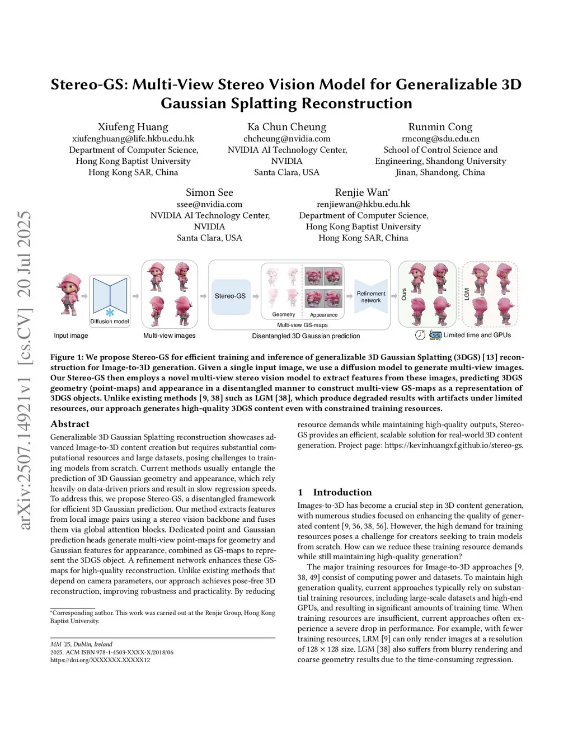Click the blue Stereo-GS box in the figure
[x=230, y=296]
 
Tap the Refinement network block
[x=370, y=297]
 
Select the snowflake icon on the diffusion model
[x=110, y=312]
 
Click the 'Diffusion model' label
[x=110, y=322]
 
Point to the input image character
[x=70, y=295]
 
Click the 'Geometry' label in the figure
[x=284, y=314]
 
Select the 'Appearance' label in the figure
[x=324, y=315]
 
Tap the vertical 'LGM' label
[x=467, y=294]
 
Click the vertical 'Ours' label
[x=404, y=294]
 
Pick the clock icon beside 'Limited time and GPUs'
[x=420, y=335]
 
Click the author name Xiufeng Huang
[x=133, y=127]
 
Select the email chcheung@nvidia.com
[x=286, y=139]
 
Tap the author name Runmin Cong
[x=440, y=127]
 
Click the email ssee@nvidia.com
[x=209, y=204]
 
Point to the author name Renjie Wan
[x=362, y=192]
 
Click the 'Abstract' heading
[x=70, y=424]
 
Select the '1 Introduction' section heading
[x=335, y=492]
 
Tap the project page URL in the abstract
[x=454, y=445]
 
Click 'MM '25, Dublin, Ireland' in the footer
[x=81, y=644]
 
